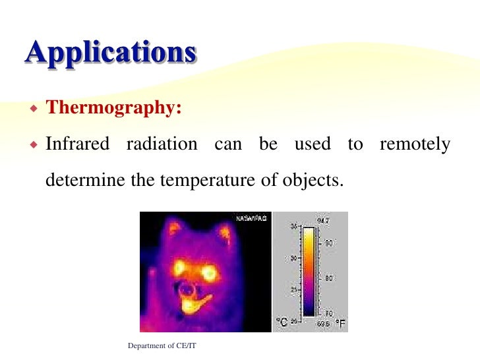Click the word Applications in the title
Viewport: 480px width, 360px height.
point(111,53)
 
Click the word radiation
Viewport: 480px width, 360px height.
point(162,144)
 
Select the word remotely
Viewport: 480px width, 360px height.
point(415,144)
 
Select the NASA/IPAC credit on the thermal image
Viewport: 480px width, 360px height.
point(253,218)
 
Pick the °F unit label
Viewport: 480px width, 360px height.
point(340,324)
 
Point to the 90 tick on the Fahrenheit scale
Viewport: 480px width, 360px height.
point(328,243)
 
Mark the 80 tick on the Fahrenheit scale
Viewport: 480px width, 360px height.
point(328,278)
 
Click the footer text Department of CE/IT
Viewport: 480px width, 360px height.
point(163,346)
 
